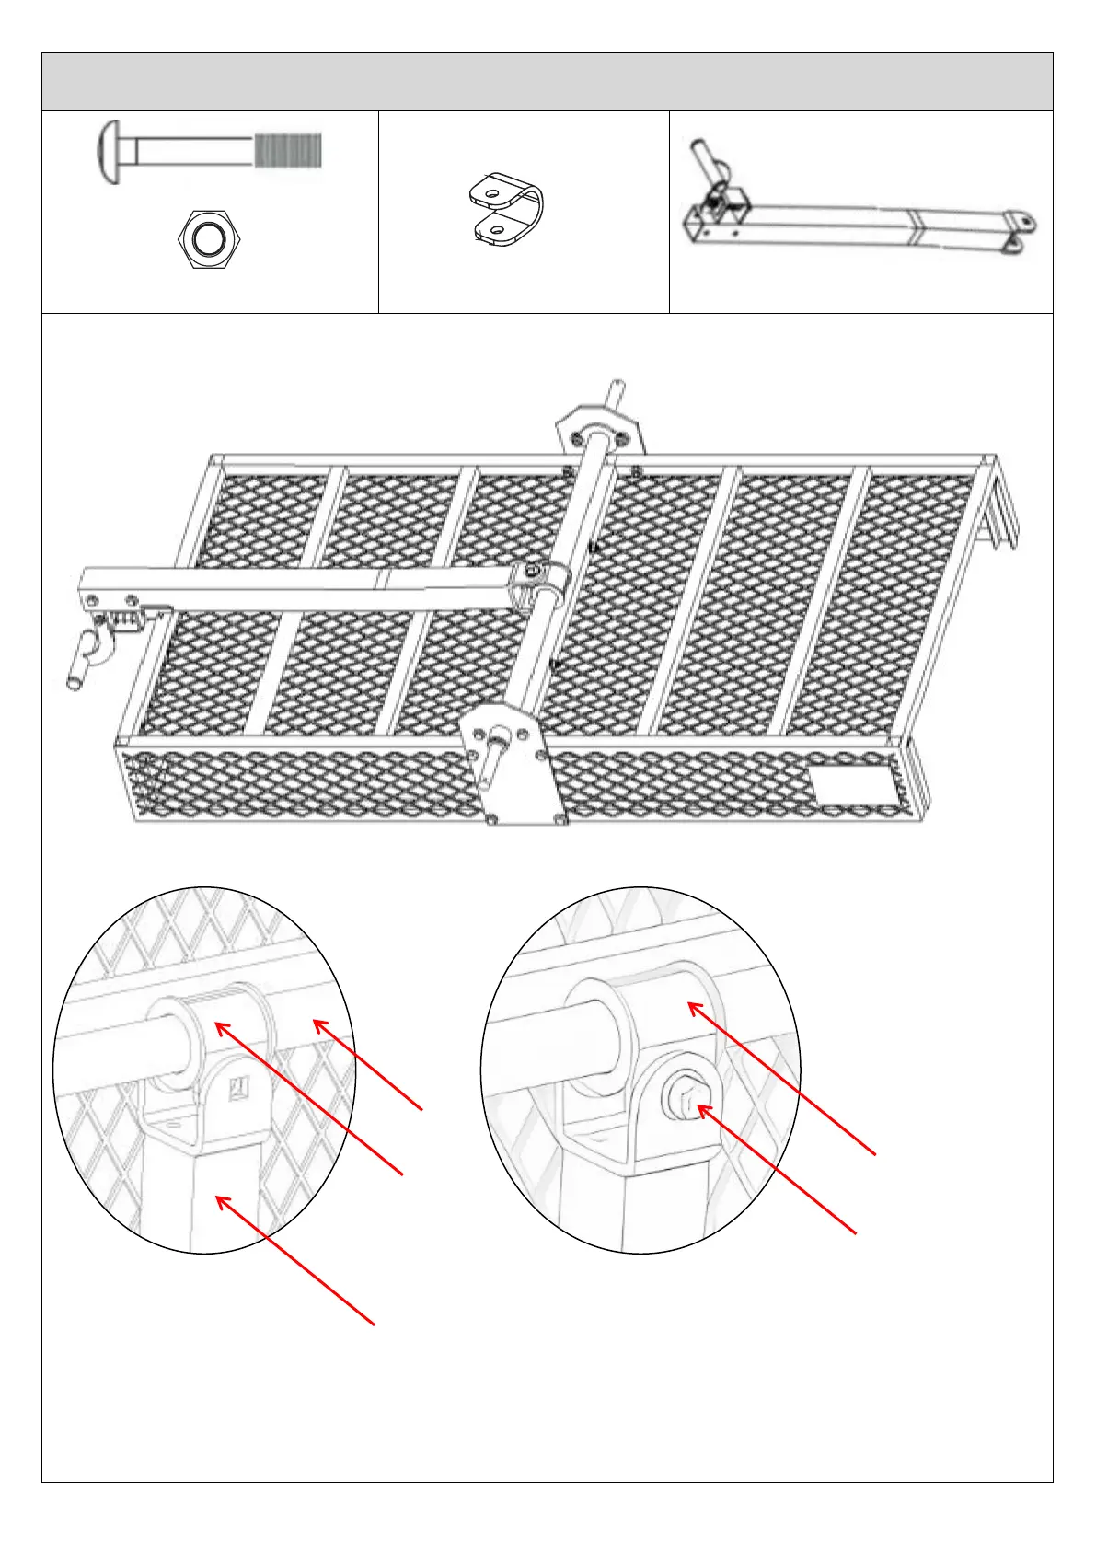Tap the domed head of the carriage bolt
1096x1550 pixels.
110,151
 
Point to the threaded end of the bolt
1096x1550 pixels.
288,150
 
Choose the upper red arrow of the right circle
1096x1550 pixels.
781,1078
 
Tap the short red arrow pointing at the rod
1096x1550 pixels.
368,1064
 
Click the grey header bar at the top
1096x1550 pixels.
548,82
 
